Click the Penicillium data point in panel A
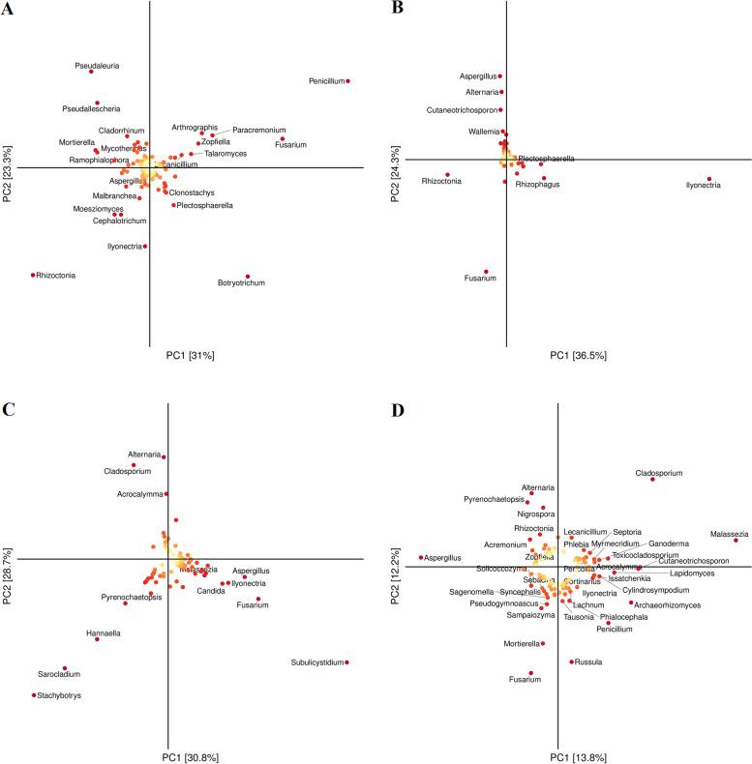pos(347,81)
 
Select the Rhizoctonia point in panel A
pos(34,275)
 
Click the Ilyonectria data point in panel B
pos(709,179)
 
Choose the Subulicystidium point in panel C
pos(346,661)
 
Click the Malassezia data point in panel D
pos(736,541)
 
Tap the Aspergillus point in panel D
pos(421,557)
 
